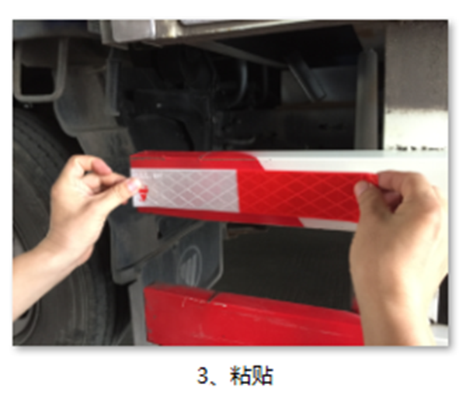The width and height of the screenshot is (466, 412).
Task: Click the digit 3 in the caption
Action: (203, 376)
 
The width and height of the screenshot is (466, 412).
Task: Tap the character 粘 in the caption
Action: (240, 376)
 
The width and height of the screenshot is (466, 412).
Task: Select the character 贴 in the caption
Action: (263, 376)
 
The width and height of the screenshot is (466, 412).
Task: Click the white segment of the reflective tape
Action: (186, 189)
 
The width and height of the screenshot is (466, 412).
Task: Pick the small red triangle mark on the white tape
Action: (144, 193)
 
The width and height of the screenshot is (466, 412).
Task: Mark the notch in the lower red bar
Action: (214, 296)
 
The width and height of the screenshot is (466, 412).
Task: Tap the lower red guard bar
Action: (252, 316)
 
